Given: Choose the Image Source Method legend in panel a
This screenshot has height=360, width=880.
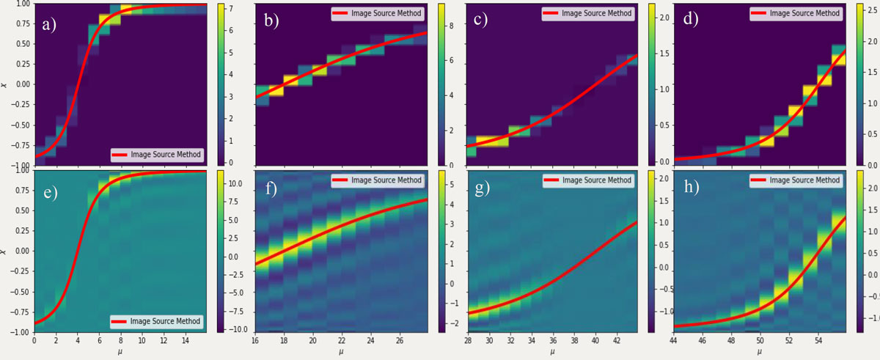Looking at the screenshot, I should click(157, 155).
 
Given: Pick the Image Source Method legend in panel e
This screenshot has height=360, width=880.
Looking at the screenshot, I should click(157, 321).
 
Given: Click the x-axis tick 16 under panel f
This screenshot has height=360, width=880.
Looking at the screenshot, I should click(254, 341).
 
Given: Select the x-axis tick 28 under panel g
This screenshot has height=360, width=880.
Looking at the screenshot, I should click(466, 341).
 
